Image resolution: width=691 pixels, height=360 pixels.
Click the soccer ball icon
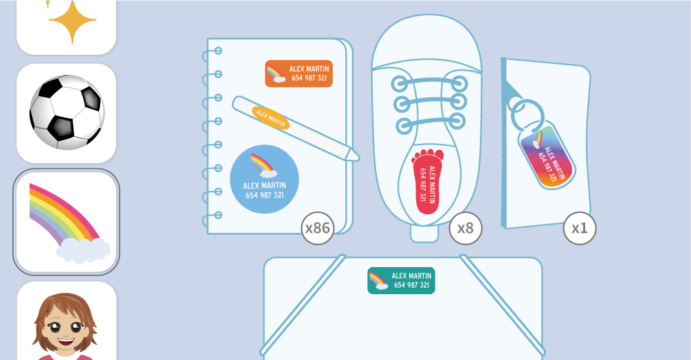click(x=66, y=112)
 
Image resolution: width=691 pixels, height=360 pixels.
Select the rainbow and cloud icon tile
click(x=66, y=222)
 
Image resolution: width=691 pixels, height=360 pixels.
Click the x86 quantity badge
click(x=317, y=228)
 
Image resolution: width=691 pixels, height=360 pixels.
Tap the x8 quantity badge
click(x=465, y=228)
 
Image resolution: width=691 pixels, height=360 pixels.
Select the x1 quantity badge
click(x=579, y=228)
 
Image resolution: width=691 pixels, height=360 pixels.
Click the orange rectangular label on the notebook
click(x=299, y=74)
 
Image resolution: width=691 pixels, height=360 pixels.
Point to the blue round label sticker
click(x=265, y=179)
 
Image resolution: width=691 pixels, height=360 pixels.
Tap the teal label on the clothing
click(x=401, y=281)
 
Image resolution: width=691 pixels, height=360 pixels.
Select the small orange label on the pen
click(x=271, y=117)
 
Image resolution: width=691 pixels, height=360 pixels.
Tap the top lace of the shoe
click(x=429, y=83)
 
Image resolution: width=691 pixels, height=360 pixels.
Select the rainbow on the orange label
click(x=275, y=74)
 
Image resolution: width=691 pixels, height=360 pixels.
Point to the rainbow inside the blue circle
click(x=262, y=165)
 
